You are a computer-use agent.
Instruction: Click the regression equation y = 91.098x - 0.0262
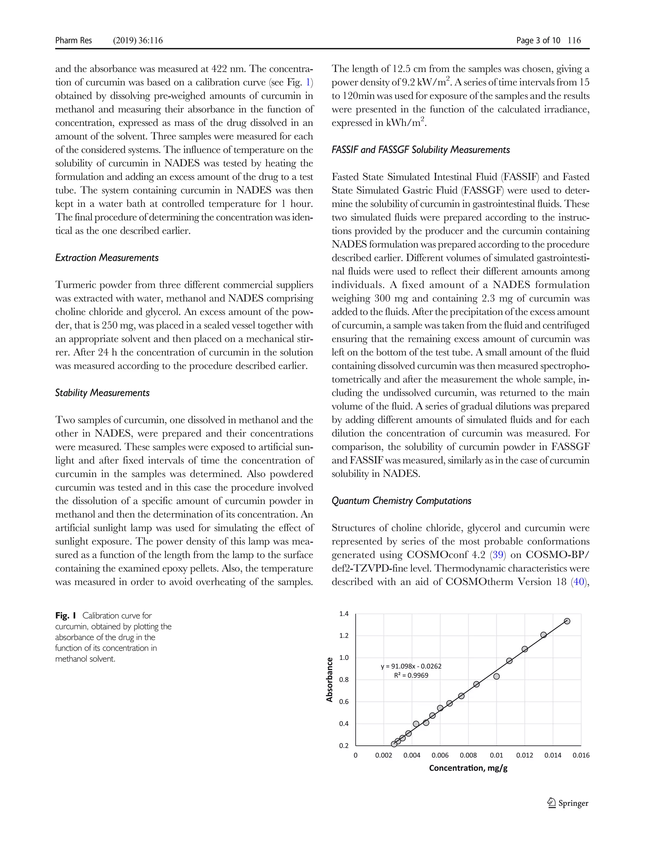(411, 666)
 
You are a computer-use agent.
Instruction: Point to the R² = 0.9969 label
(411, 675)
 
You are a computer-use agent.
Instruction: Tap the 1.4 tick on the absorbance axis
(344, 614)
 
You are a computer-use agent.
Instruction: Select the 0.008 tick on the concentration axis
(468, 755)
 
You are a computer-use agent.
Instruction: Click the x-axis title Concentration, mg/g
(468, 768)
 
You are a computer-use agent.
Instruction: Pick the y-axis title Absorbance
(330, 680)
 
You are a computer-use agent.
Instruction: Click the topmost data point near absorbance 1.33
(567, 621)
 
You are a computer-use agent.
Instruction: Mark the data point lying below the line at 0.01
(497, 677)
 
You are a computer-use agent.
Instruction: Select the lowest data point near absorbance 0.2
(394, 744)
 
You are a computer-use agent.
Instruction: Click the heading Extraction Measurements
(107, 258)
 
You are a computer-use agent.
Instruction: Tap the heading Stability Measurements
(102, 393)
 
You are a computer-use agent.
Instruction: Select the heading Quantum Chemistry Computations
(401, 500)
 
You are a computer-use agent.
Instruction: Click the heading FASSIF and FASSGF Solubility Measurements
(421, 150)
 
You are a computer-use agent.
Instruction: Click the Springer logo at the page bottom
(568, 803)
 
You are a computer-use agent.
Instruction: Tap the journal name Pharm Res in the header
(74, 40)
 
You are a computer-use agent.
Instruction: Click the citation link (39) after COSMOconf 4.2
(498, 555)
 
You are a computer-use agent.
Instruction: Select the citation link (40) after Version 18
(579, 582)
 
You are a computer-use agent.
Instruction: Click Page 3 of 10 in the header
(538, 40)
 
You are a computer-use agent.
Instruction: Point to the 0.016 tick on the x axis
(581, 755)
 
